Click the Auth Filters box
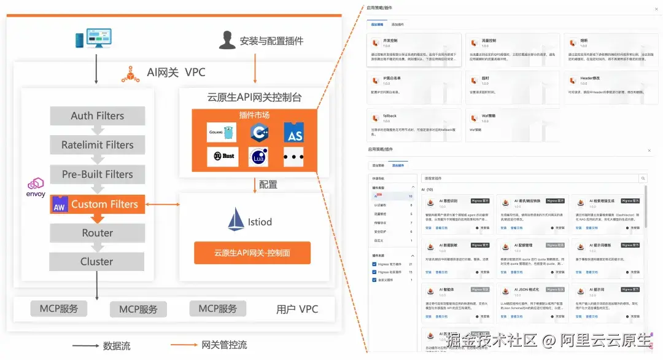coord(98,115)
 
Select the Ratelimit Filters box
coord(98,145)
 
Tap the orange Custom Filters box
coord(98,204)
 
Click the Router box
coord(98,233)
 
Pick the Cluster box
coord(98,261)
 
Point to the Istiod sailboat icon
coord(236,219)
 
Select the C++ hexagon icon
coord(258,132)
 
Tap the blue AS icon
coord(294,133)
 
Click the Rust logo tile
coord(222,156)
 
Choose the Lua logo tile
coord(258,157)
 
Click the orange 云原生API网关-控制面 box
coord(252,252)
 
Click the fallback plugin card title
coord(390,115)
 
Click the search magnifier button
coord(643,179)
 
